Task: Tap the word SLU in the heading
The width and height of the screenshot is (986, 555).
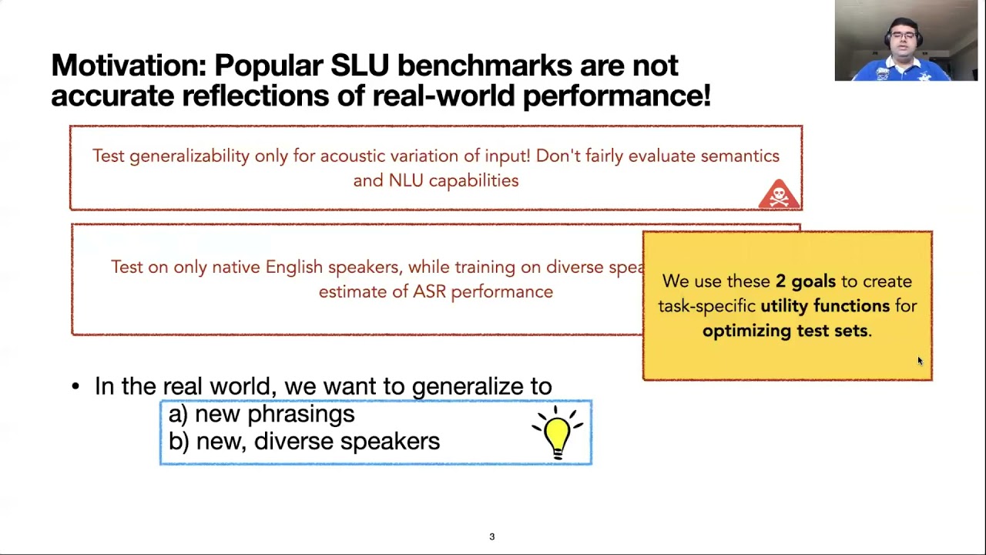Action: (x=360, y=66)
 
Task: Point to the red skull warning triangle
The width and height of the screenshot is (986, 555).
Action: (x=778, y=195)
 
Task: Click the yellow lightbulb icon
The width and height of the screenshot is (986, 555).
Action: (x=557, y=434)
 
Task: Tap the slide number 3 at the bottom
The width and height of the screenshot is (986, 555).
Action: (x=491, y=536)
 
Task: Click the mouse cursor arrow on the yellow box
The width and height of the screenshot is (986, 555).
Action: (x=919, y=361)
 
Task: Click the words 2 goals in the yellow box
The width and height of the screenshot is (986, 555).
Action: (x=805, y=281)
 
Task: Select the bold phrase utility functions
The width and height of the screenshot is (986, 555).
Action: (x=824, y=306)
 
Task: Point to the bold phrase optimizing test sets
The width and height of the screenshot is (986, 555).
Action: (x=785, y=331)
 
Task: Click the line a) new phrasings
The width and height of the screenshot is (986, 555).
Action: (x=262, y=414)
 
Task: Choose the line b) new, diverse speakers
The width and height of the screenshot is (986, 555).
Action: (x=304, y=441)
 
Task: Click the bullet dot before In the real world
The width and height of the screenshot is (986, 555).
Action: (x=75, y=386)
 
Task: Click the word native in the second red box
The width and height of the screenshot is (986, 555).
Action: (x=236, y=267)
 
